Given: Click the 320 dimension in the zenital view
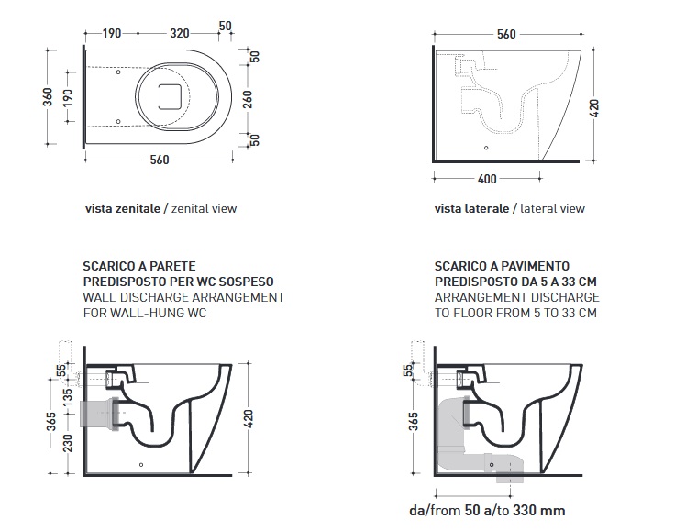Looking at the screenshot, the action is [x=180, y=33].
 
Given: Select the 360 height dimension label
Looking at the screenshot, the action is [x=48, y=96].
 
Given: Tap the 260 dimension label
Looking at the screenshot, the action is [x=248, y=99].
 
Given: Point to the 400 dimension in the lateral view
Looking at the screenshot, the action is [x=487, y=179].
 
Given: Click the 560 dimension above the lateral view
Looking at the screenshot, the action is [x=506, y=34].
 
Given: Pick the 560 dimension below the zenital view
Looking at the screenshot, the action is [x=160, y=160].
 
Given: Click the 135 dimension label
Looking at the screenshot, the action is [x=68, y=397].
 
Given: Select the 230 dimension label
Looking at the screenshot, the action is [x=68, y=443].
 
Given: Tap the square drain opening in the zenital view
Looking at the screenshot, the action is [x=170, y=96].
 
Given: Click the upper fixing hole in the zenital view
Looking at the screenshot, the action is [x=118, y=72].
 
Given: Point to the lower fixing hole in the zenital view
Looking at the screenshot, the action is [x=118, y=122].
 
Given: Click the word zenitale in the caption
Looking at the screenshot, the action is [x=138, y=208].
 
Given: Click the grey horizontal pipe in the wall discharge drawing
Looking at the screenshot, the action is [x=100, y=414].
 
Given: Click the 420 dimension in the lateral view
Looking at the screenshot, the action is [x=594, y=108].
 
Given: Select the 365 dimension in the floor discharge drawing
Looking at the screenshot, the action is [x=414, y=422].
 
